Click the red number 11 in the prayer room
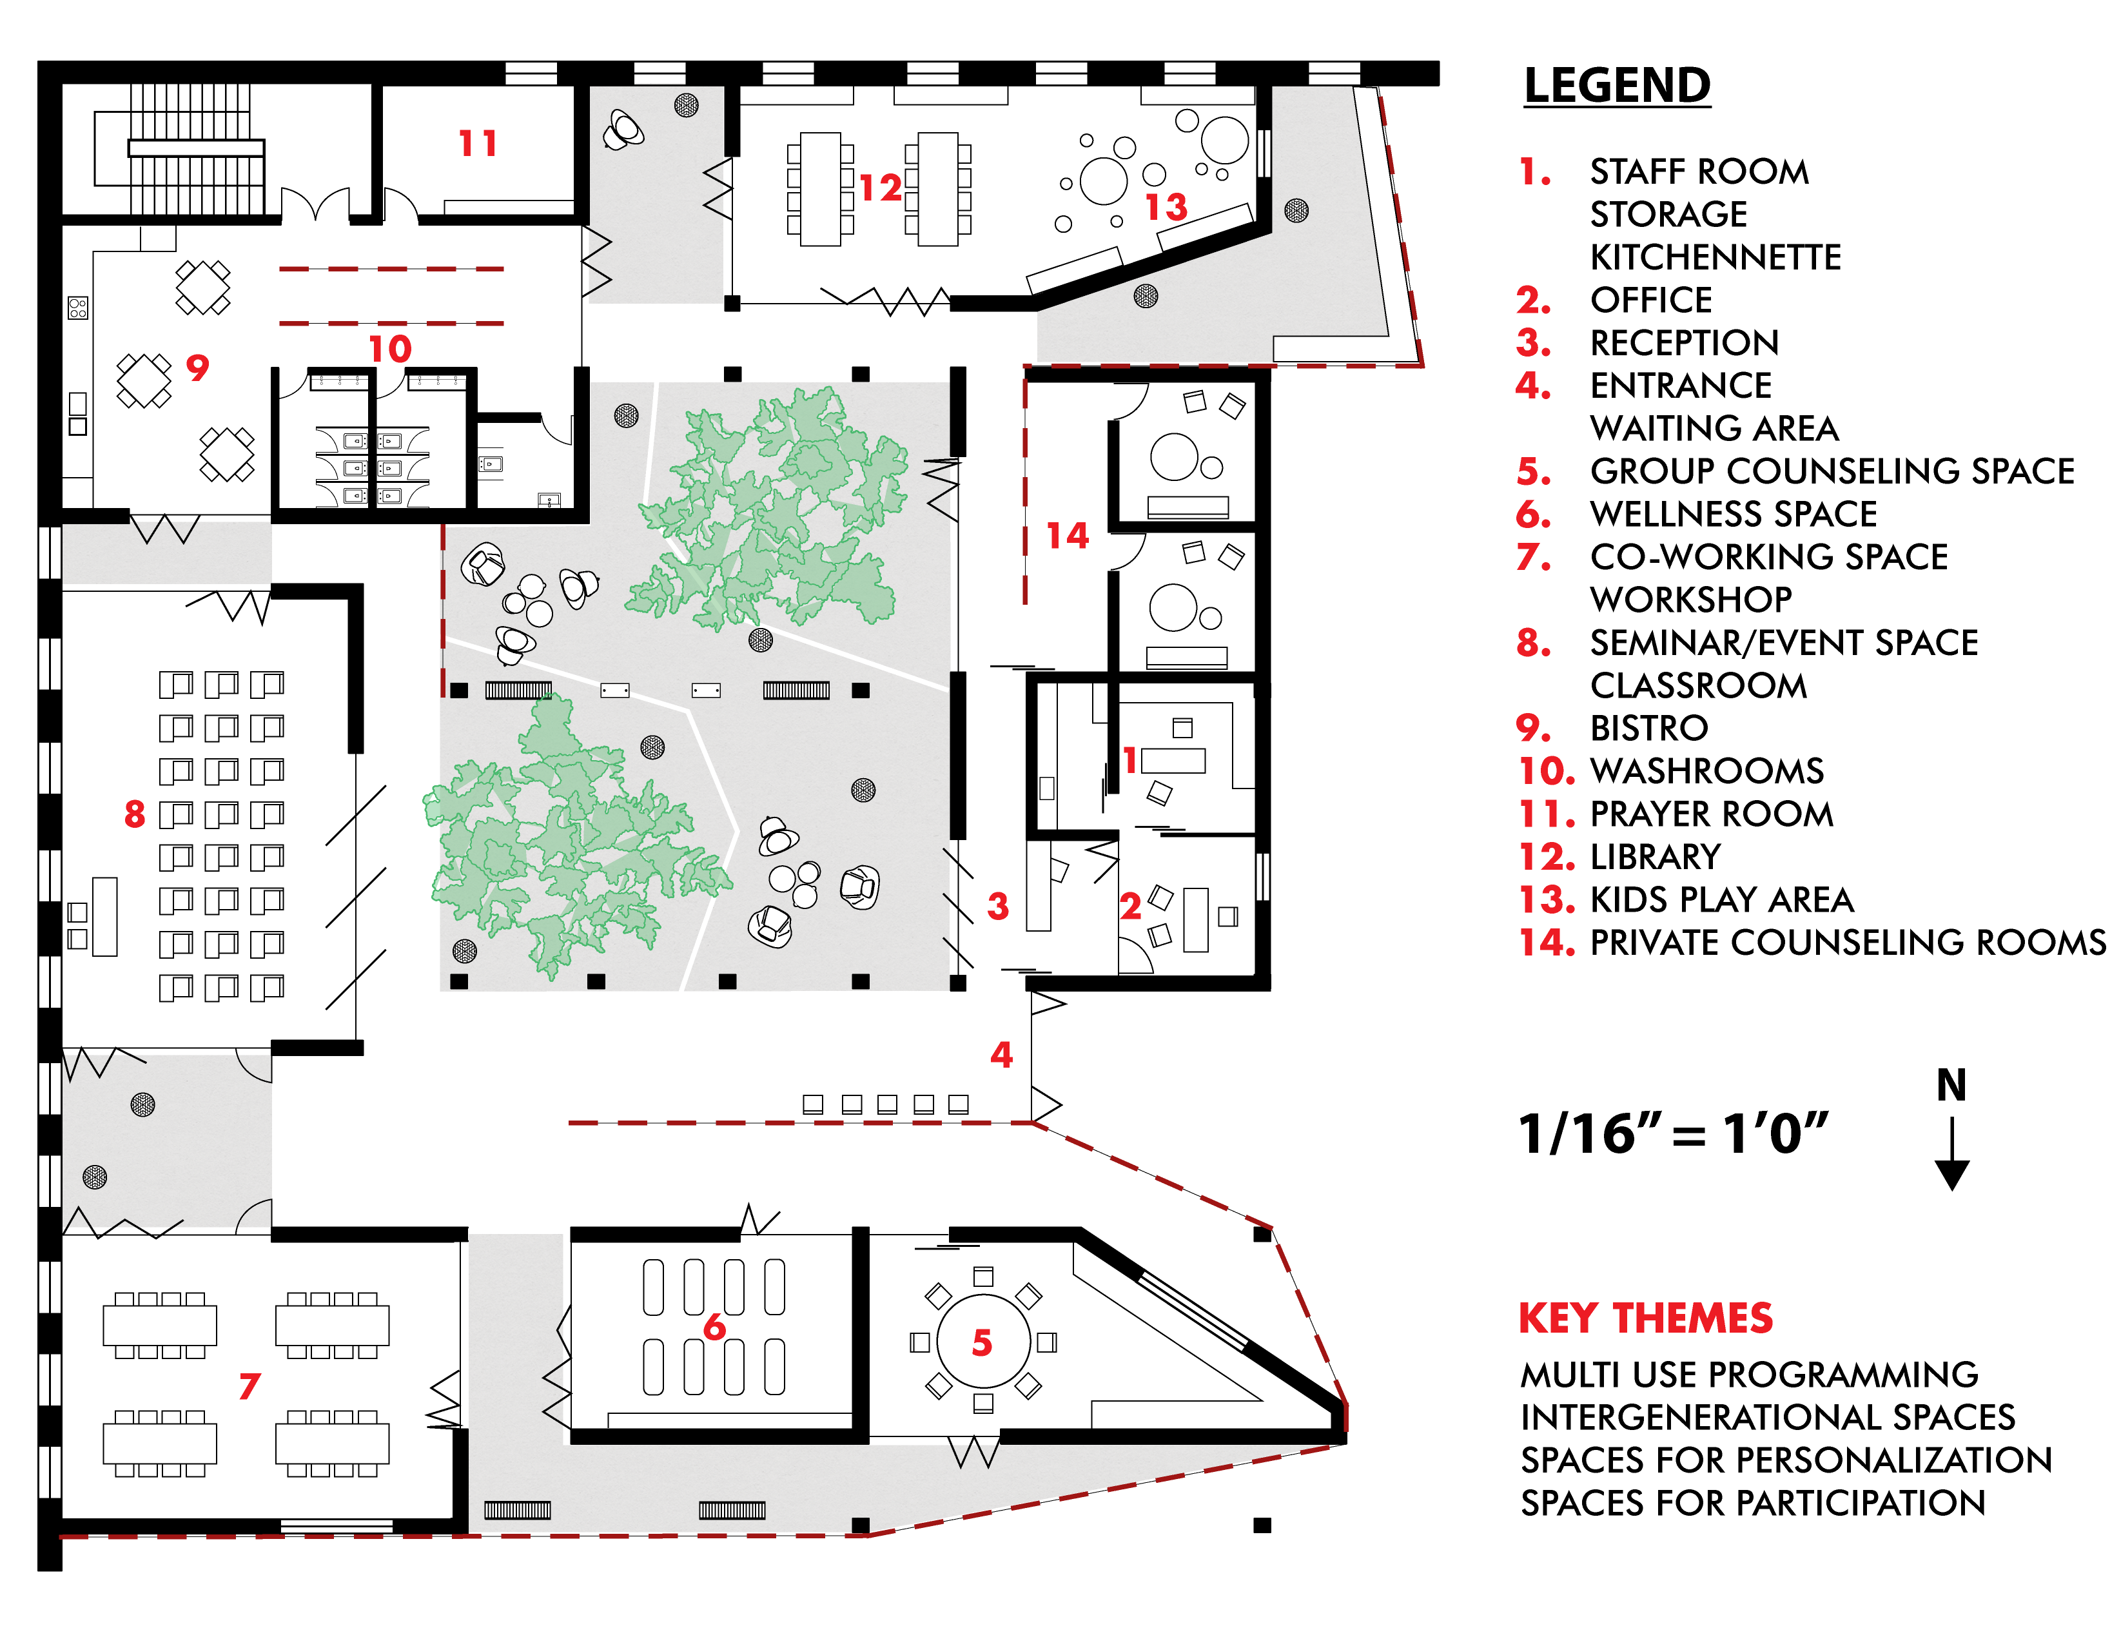click(x=477, y=144)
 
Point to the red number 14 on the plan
click(x=1068, y=535)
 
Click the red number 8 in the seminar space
click(x=135, y=814)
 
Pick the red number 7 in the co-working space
click(x=249, y=1386)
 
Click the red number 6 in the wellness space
click(x=714, y=1327)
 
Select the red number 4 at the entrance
click(x=1001, y=1054)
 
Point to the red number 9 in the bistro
click(x=197, y=367)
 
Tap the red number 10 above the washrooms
click(x=390, y=348)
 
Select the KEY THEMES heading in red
click(x=1645, y=1318)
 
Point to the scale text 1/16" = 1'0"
click(x=1673, y=1133)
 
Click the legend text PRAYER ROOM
click(x=1711, y=814)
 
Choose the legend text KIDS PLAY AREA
click(x=1721, y=900)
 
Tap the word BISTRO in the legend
click(x=1649, y=728)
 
